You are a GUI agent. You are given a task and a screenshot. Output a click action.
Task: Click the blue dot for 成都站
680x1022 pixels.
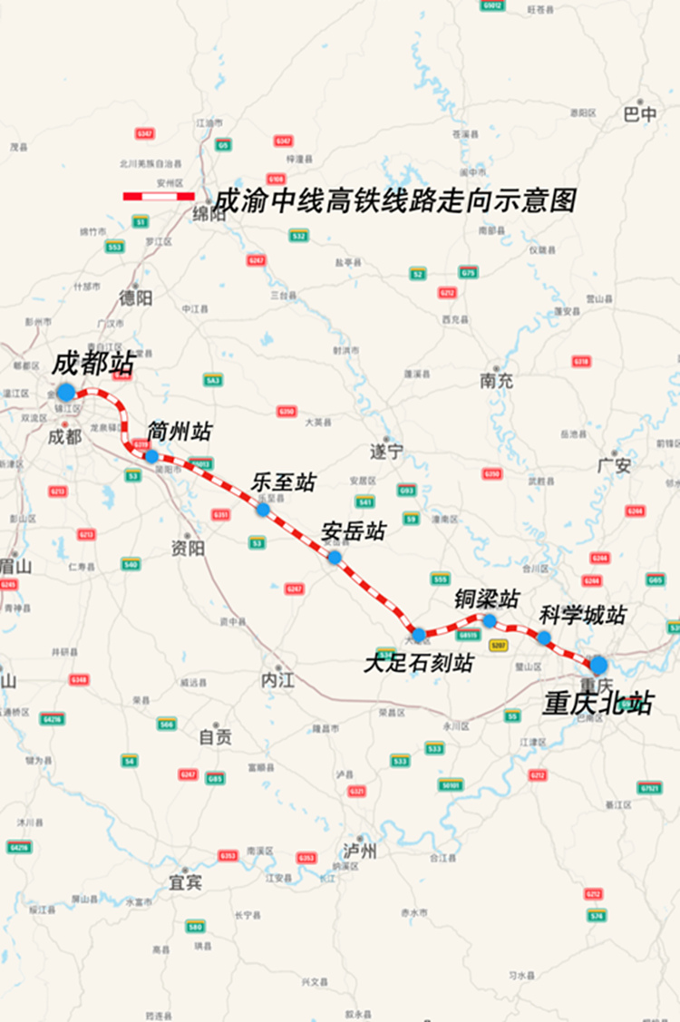[65, 392]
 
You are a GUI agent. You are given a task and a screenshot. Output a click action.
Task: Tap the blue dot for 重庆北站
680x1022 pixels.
[598, 666]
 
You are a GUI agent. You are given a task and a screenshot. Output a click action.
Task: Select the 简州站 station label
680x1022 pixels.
[180, 432]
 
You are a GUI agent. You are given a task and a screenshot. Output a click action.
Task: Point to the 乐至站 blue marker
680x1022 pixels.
[263, 510]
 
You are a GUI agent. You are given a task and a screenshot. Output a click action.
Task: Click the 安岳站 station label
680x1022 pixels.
[354, 531]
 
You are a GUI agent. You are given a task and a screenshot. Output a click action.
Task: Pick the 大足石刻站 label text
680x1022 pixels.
[418, 663]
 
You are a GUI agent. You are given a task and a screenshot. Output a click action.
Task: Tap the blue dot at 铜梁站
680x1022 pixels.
[490, 621]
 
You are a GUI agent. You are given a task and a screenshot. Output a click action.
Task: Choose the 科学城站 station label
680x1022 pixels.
[582, 615]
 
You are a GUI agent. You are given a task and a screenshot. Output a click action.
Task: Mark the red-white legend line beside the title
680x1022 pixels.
[160, 196]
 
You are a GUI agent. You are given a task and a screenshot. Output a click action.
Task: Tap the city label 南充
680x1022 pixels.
[497, 381]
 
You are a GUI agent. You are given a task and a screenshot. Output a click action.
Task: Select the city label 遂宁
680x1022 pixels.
[386, 451]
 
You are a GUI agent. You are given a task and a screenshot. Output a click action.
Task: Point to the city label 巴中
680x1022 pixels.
[640, 115]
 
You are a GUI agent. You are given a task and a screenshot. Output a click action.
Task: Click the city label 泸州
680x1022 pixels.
[360, 851]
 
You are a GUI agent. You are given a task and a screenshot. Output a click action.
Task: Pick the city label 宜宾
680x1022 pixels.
[185, 881]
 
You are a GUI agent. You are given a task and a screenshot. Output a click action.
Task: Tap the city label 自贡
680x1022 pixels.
[215, 737]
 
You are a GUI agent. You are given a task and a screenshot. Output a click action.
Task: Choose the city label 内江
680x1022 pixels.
[277, 680]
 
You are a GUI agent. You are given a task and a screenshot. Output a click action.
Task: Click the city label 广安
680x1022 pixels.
[614, 465]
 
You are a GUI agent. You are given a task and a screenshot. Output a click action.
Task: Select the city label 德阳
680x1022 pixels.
[136, 297]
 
